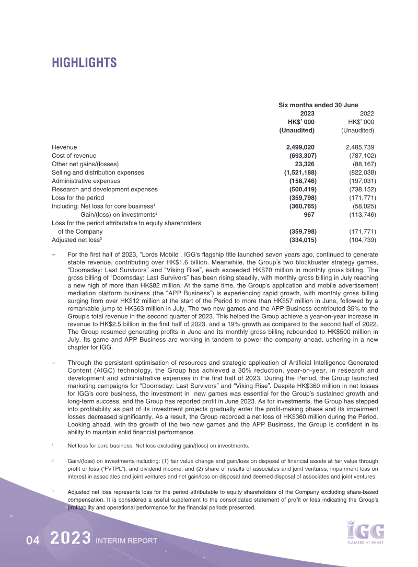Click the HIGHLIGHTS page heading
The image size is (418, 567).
click(x=84, y=63)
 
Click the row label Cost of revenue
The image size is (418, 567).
click(x=74, y=156)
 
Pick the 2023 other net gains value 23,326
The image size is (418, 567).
click(x=305, y=164)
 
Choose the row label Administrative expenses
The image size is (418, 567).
click(x=86, y=181)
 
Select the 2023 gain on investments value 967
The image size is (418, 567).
click(x=310, y=214)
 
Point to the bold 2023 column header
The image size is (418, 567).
click(x=307, y=113)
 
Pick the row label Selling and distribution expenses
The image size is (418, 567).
click(x=98, y=172)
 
